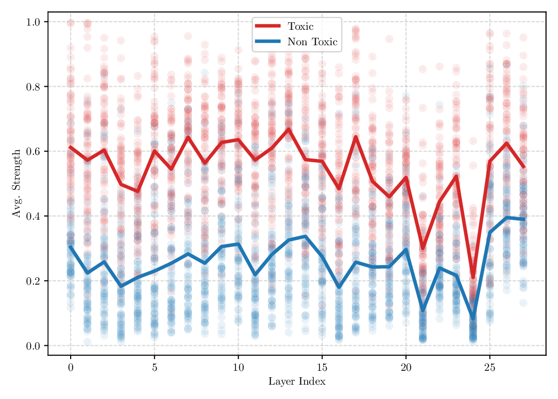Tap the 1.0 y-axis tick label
click(x=34, y=22)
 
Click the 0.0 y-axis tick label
click(x=34, y=346)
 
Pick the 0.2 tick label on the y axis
click(x=34, y=281)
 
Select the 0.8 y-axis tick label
click(x=34, y=87)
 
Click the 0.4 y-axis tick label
click(x=34, y=216)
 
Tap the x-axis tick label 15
click(x=322, y=368)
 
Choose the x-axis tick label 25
click(x=489, y=368)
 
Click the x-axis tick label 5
click(x=155, y=368)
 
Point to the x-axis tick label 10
click(x=238, y=368)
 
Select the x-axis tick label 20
click(x=406, y=368)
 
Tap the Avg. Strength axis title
click(x=15, y=183)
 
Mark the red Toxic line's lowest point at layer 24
click(x=473, y=277)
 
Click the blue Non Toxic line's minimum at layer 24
click(x=473, y=318)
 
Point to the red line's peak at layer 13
click(x=289, y=129)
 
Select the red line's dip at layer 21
click(x=422, y=248)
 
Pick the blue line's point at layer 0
click(x=71, y=246)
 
